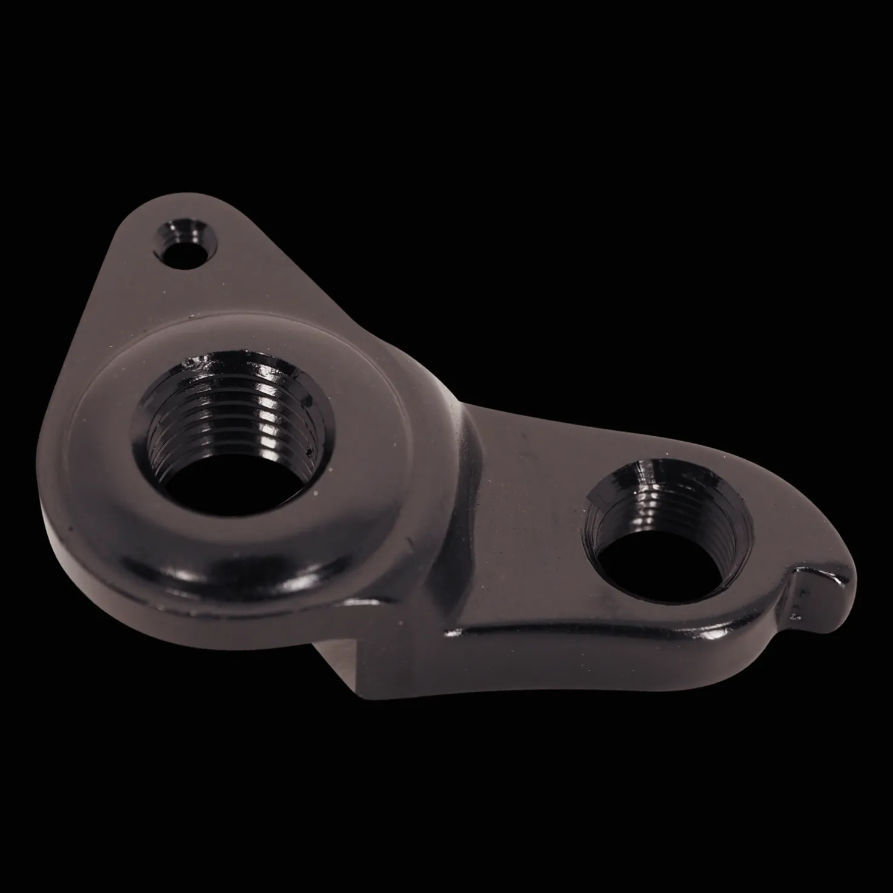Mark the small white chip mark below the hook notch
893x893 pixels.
click(794, 616)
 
